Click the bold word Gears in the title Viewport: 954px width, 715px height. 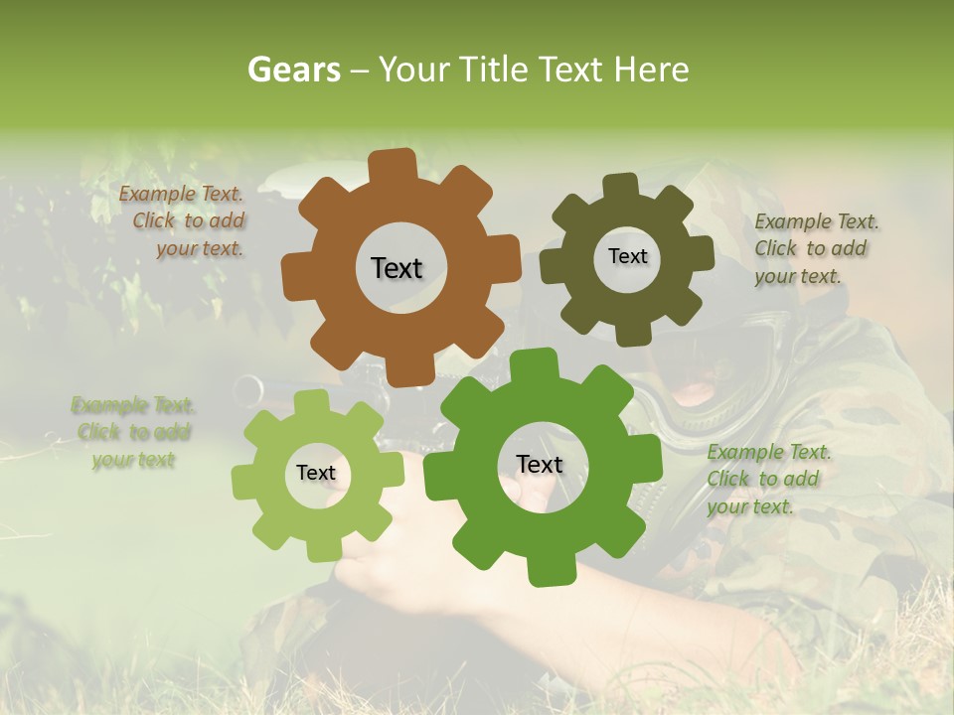(294, 70)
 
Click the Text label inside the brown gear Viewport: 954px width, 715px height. (397, 268)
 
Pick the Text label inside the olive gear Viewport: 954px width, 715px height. (627, 256)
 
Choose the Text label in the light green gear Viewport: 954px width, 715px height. (316, 473)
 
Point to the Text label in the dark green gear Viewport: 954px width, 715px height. (540, 464)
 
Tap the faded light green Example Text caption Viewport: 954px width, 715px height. (133, 432)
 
